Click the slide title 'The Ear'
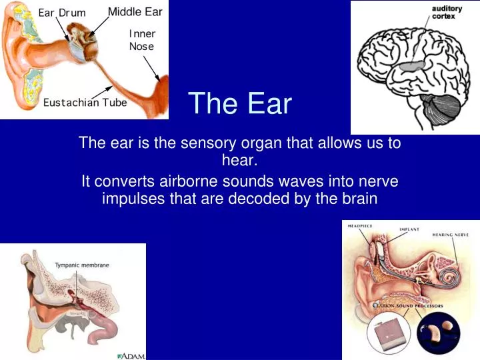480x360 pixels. click(240, 104)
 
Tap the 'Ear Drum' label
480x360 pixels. click(62, 13)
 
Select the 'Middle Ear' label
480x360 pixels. click(135, 12)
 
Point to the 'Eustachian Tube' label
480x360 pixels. click(85, 103)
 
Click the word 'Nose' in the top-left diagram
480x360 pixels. click(141, 47)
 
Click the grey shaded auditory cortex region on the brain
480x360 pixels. click(411, 66)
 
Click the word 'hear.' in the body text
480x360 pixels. click(239, 160)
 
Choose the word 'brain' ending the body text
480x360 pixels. click(360, 199)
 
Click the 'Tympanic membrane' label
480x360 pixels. click(82, 265)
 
